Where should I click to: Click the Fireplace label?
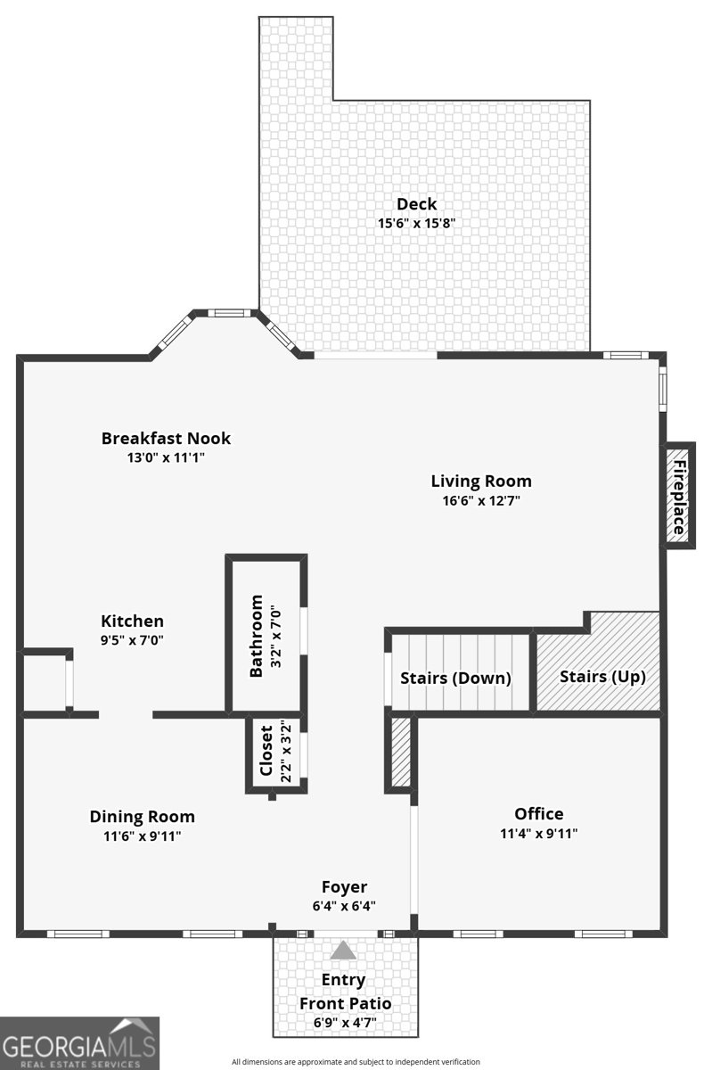click(x=679, y=497)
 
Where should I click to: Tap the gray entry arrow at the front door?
click(x=343, y=951)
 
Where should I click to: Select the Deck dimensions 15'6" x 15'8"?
click(x=416, y=223)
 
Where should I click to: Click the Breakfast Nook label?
click(x=166, y=438)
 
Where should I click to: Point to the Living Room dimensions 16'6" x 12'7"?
click(x=481, y=500)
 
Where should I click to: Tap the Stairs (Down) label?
click(x=455, y=679)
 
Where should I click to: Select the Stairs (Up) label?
click(x=602, y=676)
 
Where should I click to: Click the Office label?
click(x=539, y=813)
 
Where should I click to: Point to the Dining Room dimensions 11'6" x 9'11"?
click(x=142, y=835)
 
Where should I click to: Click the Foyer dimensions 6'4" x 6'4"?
click(x=344, y=905)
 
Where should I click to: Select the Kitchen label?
click(x=132, y=621)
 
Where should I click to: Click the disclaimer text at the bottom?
click(x=356, y=1062)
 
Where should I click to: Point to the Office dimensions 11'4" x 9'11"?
click(x=539, y=835)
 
